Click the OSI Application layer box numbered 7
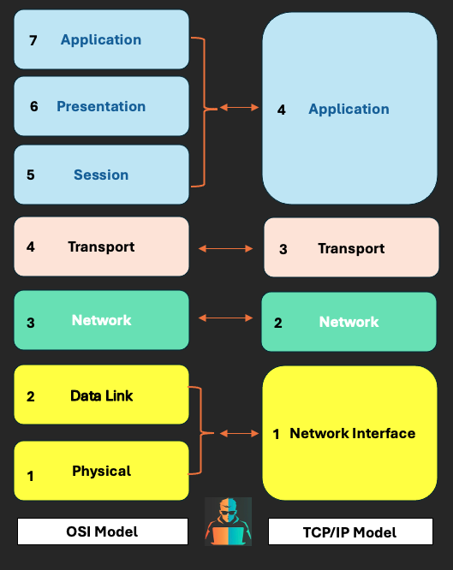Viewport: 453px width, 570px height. pos(101,39)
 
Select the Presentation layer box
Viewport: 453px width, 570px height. pos(101,106)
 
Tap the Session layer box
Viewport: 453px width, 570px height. pos(101,175)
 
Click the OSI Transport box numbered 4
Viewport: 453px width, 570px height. pos(101,246)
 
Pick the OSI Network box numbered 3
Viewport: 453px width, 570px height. pos(101,320)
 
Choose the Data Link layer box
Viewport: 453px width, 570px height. pos(101,395)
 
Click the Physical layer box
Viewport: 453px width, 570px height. pos(101,471)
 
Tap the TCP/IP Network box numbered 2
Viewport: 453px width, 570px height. pos(349,322)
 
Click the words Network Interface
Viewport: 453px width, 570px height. pos(352,434)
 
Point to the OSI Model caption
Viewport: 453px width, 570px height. pos(103,531)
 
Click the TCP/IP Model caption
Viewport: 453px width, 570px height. pos(349,532)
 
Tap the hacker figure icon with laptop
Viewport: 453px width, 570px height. pos(228,521)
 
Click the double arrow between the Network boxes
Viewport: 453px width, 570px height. pos(226,318)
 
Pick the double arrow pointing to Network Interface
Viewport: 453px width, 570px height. pos(239,433)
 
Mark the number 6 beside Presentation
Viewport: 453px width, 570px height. pos(34,107)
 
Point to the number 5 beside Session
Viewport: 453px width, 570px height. pos(31,175)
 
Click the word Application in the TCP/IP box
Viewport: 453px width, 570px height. pos(349,110)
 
